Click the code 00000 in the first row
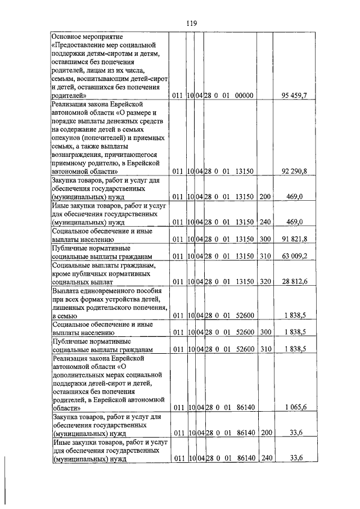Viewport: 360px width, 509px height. [243, 96]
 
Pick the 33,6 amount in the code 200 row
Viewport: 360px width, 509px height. [296, 433]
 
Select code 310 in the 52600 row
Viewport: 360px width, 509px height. [265, 349]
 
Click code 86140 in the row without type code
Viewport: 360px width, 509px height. [243, 407]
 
